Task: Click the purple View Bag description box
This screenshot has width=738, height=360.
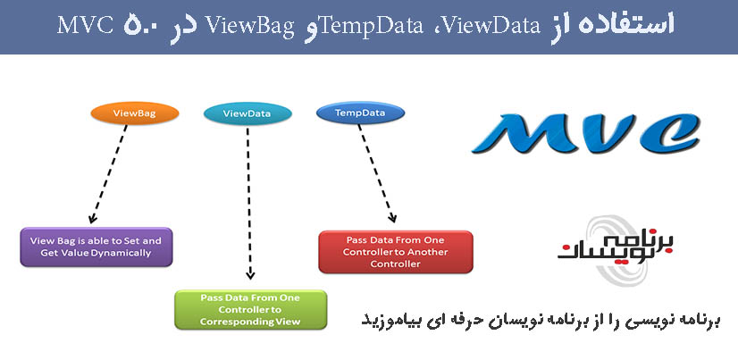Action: point(96,246)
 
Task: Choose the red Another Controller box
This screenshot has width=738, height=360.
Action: point(396,251)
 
